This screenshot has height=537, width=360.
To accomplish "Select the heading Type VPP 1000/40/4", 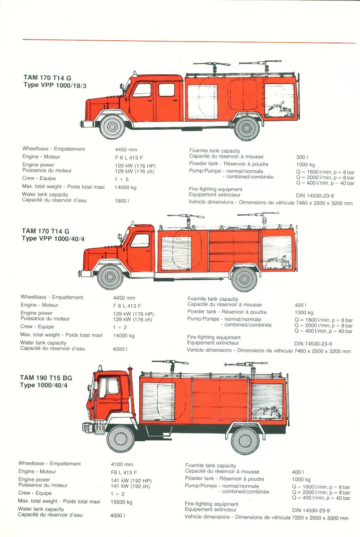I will point(53,239).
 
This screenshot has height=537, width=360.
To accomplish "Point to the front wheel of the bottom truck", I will point(121,439).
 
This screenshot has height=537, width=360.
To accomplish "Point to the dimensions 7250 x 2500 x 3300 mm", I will point(319,518).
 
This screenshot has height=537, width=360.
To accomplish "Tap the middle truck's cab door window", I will point(140,240).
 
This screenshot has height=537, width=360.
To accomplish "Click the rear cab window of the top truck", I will point(166,89).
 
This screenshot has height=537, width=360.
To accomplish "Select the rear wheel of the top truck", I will point(247,128).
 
